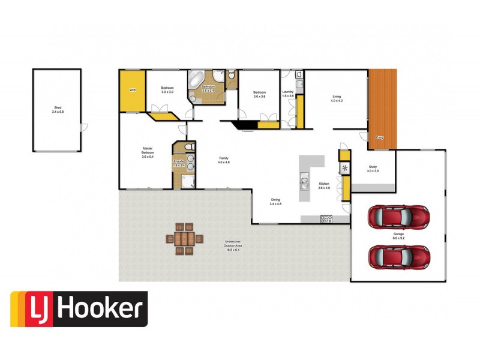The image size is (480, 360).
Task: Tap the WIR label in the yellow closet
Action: [132, 90]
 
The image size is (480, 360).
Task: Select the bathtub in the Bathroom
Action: [196, 80]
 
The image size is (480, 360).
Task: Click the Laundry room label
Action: [288, 94]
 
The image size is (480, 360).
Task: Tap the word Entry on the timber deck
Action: [379, 137]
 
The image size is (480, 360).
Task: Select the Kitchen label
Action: [324, 185]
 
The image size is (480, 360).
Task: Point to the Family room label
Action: [223, 160]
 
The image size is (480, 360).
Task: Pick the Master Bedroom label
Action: [148, 154]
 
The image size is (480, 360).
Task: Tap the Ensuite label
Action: [179, 162]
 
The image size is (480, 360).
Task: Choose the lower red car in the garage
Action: [399, 256]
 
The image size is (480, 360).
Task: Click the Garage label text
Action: [399, 235]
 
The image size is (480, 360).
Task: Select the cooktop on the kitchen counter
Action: [326, 219]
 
